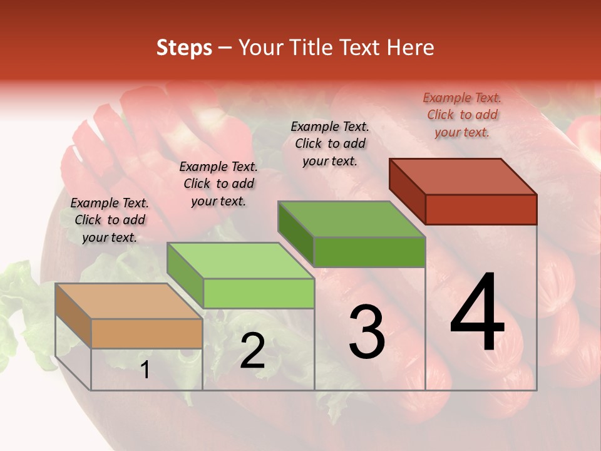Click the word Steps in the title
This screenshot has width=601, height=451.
(x=184, y=48)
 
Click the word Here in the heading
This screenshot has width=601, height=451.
(x=411, y=48)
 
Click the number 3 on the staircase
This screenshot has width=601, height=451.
(x=367, y=332)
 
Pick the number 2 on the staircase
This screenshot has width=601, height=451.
(x=252, y=351)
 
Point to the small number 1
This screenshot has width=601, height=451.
(x=145, y=370)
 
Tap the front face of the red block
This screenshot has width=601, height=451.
(x=481, y=209)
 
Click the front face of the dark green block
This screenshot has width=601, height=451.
(x=369, y=252)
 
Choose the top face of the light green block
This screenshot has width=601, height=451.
(x=240, y=261)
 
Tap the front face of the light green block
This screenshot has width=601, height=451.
(x=259, y=293)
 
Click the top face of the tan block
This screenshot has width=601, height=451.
(x=129, y=301)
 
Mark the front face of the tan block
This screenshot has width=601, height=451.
(x=146, y=333)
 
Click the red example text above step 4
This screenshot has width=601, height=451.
(x=462, y=115)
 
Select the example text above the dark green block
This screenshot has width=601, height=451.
(x=330, y=143)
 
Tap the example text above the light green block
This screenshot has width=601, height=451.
(x=218, y=184)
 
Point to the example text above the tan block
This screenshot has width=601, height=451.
(x=110, y=220)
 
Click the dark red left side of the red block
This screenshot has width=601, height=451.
(x=407, y=191)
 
